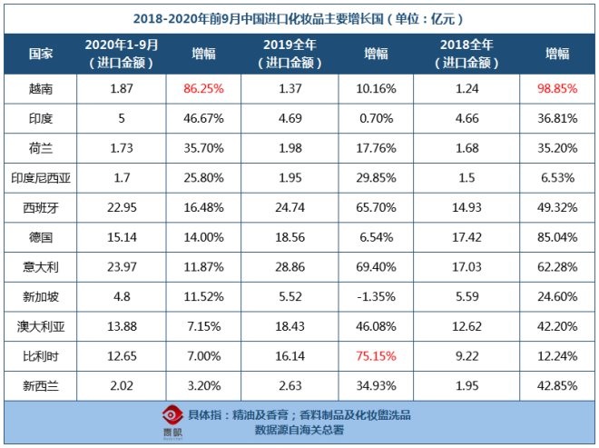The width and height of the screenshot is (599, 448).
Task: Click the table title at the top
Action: coord(299,17)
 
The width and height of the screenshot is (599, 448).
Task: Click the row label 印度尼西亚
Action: coord(40,176)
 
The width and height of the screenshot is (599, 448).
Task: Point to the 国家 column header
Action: coord(40,54)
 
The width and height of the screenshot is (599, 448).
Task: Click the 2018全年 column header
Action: coord(466,54)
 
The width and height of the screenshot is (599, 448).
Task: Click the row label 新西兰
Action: coord(40,381)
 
